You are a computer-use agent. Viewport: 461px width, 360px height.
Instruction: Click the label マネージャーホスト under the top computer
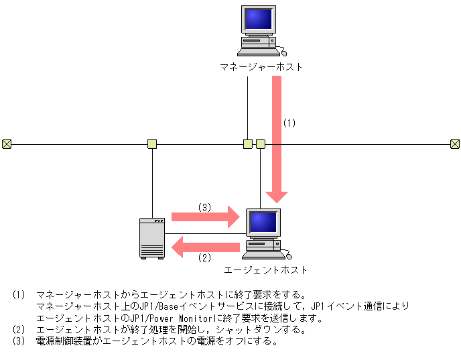point(261,67)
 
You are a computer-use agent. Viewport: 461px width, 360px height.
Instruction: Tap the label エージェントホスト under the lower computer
point(265,270)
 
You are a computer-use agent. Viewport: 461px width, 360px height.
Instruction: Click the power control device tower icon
point(152,238)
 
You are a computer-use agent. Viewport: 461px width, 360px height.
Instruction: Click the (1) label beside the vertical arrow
point(289,123)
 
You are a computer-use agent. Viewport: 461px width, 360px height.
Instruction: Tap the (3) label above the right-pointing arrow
point(204,207)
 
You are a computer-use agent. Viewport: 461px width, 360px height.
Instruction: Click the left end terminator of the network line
point(7,143)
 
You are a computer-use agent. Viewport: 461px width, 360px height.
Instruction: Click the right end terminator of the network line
point(454,143)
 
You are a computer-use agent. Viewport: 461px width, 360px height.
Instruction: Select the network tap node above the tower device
point(152,143)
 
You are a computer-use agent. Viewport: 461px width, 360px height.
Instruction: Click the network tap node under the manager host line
point(248,143)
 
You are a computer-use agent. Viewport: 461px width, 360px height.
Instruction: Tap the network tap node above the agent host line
point(261,143)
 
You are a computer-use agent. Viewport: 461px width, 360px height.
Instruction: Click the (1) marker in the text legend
point(18,295)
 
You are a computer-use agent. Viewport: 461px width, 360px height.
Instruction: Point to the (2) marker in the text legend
point(18,329)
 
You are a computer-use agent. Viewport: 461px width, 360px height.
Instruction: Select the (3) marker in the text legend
point(18,341)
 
